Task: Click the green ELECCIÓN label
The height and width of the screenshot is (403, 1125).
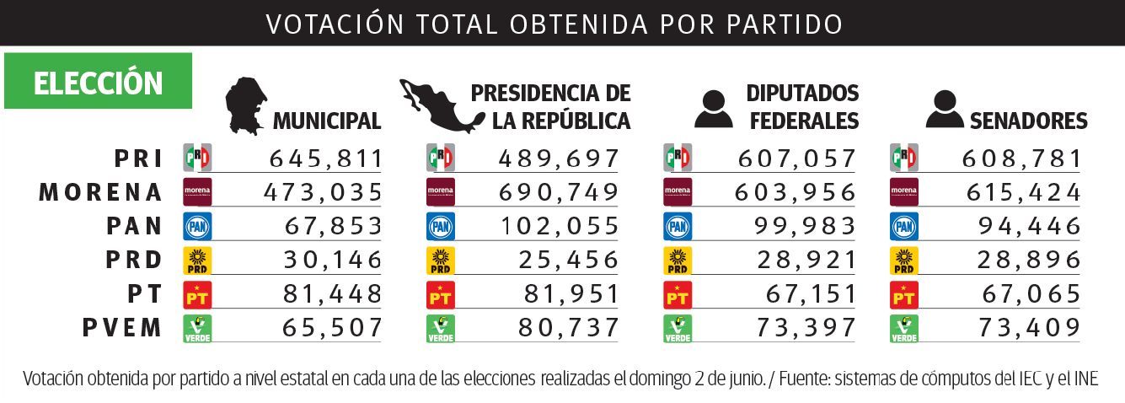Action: coord(98,83)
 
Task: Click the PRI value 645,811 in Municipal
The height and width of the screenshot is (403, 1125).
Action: coord(326,159)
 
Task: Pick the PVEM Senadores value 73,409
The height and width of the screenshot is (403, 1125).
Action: coord(1030,328)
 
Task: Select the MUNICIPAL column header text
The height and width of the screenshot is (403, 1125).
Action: coord(327,121)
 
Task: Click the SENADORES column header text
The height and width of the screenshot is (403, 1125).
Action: coord(1029,121)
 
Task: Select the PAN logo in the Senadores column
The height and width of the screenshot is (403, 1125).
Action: coord(904,227)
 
